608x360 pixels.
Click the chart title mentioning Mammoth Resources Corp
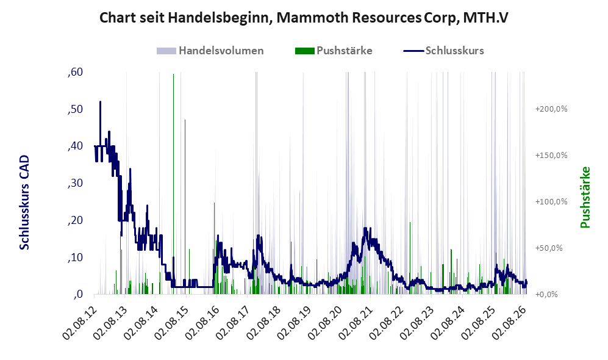click(304, 18)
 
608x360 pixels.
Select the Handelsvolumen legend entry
click(210, 51)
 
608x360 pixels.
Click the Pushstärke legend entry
click(334, 51)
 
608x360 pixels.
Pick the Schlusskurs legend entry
click(443, 51)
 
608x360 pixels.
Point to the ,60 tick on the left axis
click(75, 72)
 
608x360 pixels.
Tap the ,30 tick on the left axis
click(75, 183)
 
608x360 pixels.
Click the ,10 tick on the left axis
click(75, 257)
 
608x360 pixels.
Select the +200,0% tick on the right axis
click(551, 109)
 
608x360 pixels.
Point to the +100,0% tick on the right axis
click(551, 202)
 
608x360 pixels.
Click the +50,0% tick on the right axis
click(549, 248)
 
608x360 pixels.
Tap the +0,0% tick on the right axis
click(546, 295)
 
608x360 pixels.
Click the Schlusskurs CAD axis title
click(24, 203)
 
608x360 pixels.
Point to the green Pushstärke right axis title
click(585, 198)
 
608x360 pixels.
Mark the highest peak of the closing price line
click(100, 102)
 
